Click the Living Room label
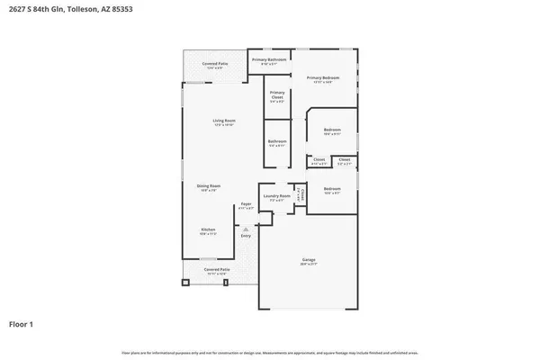224,121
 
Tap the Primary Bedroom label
325,79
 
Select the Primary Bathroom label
269,60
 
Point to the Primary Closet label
277,95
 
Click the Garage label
309,263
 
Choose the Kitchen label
208,230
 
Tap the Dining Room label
209,187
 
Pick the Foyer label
245,205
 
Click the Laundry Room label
277,196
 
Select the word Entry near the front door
245,236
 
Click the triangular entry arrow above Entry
245,229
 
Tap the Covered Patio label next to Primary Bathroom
214,65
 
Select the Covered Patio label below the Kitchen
216,270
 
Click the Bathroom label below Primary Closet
277,141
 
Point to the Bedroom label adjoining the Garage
332,190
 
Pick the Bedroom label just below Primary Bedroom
332,131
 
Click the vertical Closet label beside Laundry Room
302,193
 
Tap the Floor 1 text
22,323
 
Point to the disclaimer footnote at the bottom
269,352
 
